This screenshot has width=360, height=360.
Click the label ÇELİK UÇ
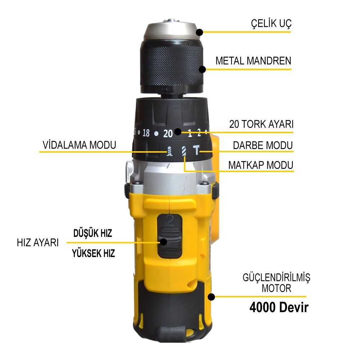coord(271,23)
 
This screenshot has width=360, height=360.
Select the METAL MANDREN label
coord(253,61)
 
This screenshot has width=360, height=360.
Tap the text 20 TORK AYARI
coord(261,124)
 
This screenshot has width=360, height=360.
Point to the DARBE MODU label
coord(263,145)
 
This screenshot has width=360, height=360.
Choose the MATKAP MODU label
coord(261,165)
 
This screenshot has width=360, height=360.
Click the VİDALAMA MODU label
coord(80,145)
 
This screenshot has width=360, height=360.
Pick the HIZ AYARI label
coord(38,243)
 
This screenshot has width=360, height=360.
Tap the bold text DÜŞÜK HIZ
coord(93,233)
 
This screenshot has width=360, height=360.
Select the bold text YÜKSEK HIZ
coord(94,253)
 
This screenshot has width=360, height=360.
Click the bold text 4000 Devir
coord(279,307)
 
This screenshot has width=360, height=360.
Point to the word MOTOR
coord(276,288)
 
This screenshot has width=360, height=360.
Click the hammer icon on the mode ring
coord(197,150)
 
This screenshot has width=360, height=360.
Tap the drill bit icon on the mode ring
coord(184,151)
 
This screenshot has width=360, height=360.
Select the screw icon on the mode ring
coord(170,151)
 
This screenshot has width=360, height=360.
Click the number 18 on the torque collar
coord(146,133)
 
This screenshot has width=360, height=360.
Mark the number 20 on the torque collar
coord(168,134)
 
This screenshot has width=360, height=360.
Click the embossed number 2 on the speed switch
coord(170,221)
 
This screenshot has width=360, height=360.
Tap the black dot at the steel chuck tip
coord(199,32)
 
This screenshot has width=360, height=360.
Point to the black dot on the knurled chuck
coord(202,69)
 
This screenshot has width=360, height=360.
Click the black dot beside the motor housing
coord(211,297)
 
